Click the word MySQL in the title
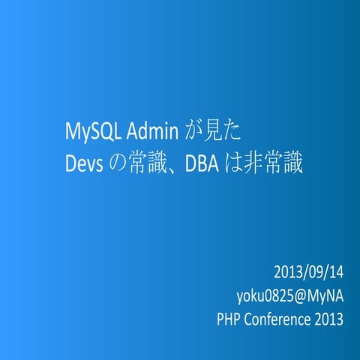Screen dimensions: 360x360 [86, 133]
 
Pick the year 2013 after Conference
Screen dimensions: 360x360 [328, 319]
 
